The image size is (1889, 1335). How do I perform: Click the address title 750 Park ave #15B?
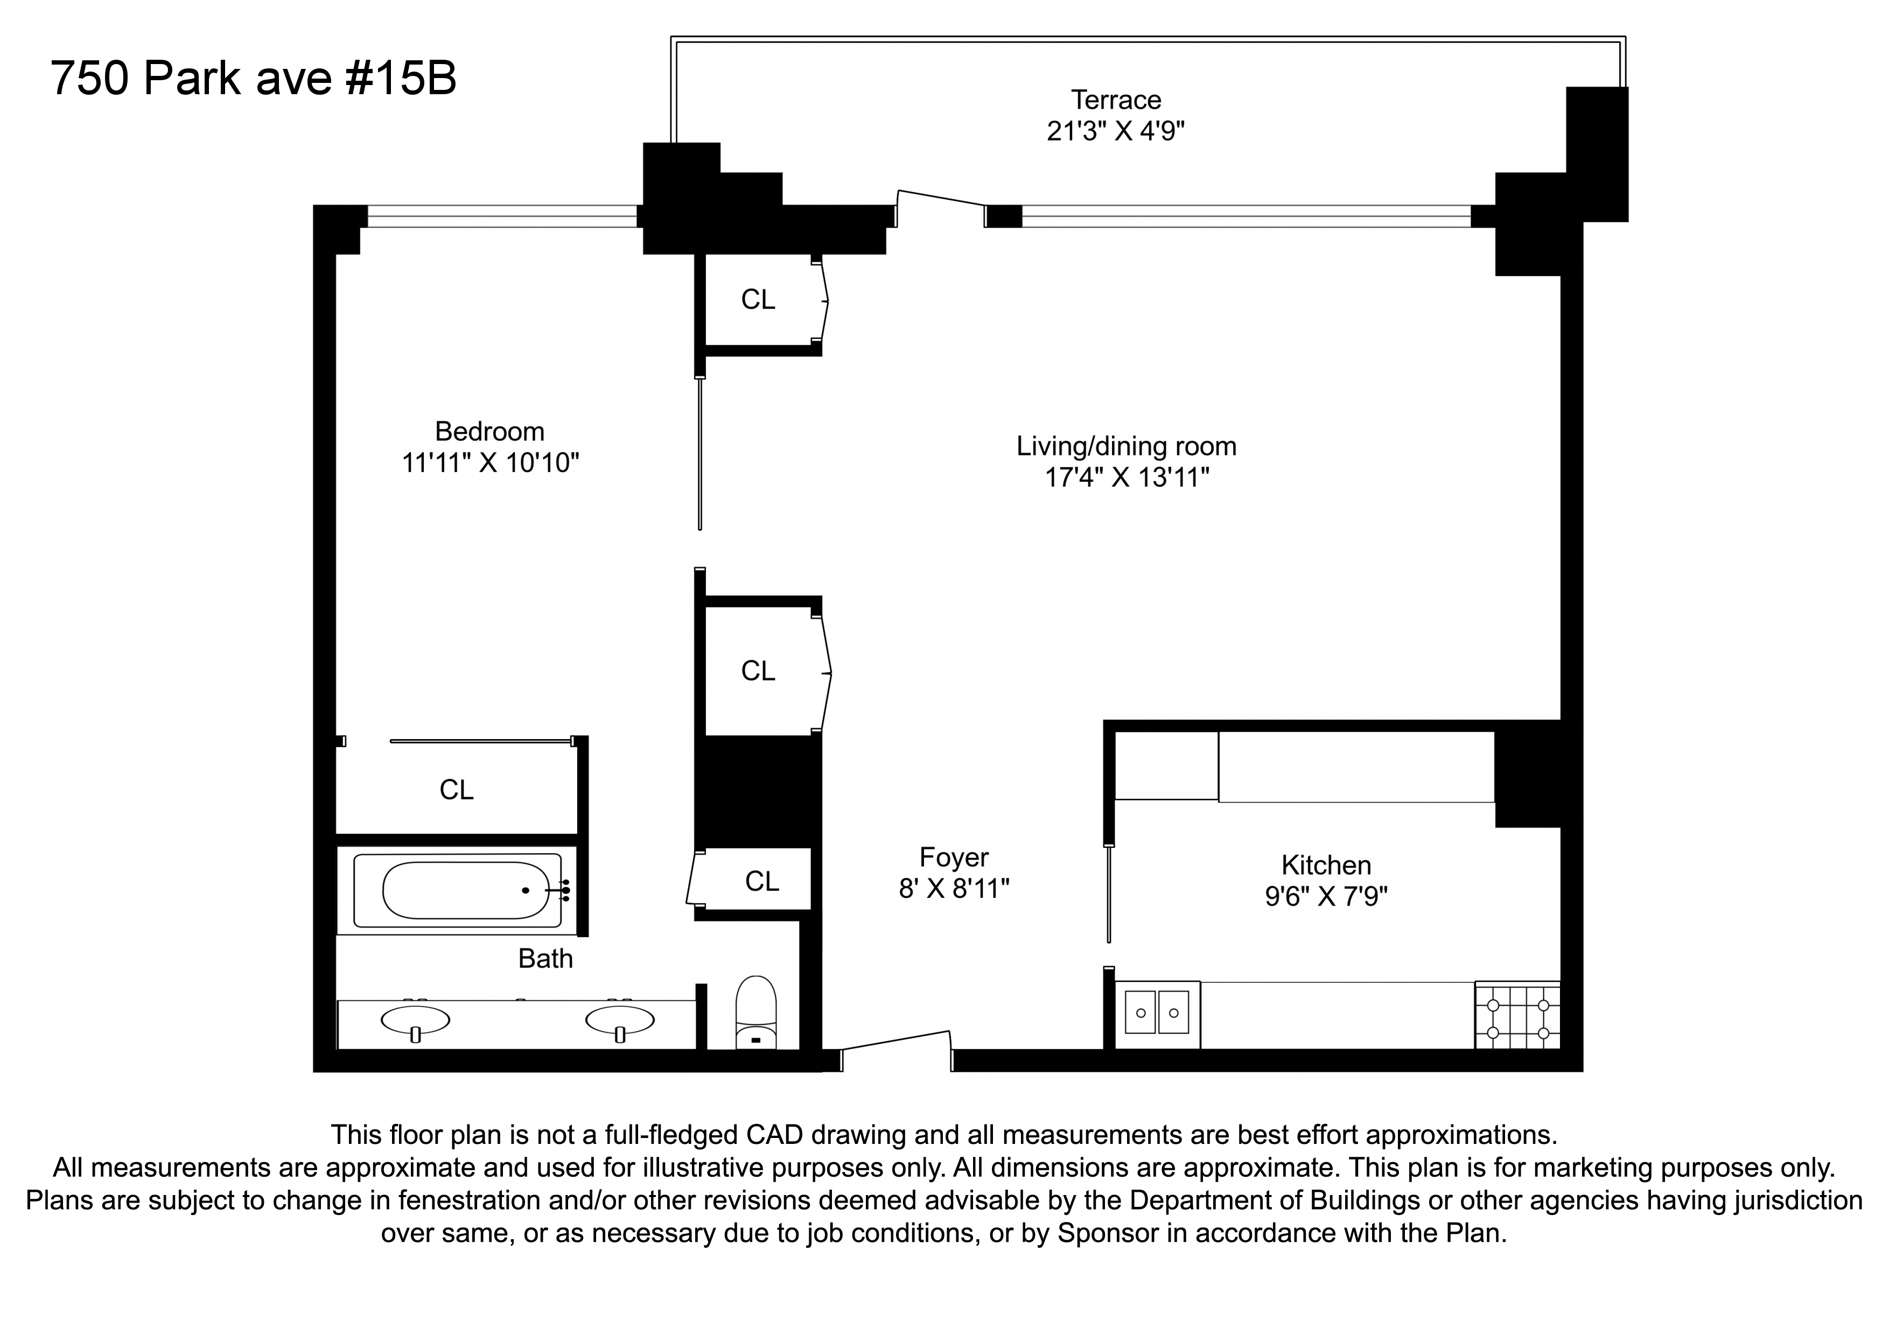tap(254, 79)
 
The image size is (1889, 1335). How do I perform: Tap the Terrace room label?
tap(1116, 100)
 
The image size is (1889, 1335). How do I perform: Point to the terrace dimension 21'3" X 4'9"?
tap(1116, 131)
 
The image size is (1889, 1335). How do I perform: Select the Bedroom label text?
tap(489, 432)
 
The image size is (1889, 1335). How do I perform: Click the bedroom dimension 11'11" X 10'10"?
tap(491, 463)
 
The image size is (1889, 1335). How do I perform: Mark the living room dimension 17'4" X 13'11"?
tap(1127, 477)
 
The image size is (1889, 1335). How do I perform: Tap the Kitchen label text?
tap(1326, 865)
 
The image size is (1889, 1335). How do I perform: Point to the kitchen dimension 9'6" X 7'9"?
tap(1326, 896)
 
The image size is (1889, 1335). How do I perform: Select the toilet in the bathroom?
tap(755, 1011)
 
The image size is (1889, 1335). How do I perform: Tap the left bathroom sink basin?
tap(416, 1021)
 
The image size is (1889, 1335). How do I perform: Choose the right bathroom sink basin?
tap(620, 1021)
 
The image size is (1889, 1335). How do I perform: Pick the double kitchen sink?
tap(1157, 1014)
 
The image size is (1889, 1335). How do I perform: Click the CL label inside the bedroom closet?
tap(457, 790)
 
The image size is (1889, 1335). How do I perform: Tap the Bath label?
tap(545, 958)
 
